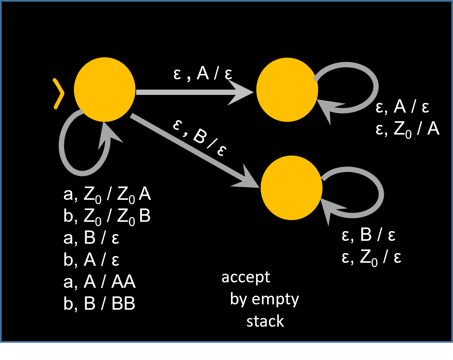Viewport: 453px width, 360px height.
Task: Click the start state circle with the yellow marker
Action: point(105,90)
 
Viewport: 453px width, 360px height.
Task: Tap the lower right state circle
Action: point(292,188)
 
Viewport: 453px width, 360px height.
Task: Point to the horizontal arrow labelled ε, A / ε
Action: point(193,92)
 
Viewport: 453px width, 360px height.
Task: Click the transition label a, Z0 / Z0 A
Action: point(107,194)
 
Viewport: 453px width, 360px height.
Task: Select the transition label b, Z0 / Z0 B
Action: point(107,216)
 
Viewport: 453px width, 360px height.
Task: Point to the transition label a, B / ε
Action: point(91,238)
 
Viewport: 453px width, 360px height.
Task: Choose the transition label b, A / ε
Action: point(91,260)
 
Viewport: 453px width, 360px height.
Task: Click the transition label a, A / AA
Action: point(99,282)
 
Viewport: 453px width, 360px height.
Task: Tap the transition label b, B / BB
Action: point(99,303)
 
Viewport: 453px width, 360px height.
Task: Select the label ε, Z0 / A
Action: point(407,129)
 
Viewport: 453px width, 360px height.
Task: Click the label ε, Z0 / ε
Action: point(371,257)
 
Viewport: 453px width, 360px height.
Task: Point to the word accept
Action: point(246,277)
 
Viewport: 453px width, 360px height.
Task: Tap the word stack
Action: point(265,321)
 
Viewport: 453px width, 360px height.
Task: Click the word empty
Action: point(275,299)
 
